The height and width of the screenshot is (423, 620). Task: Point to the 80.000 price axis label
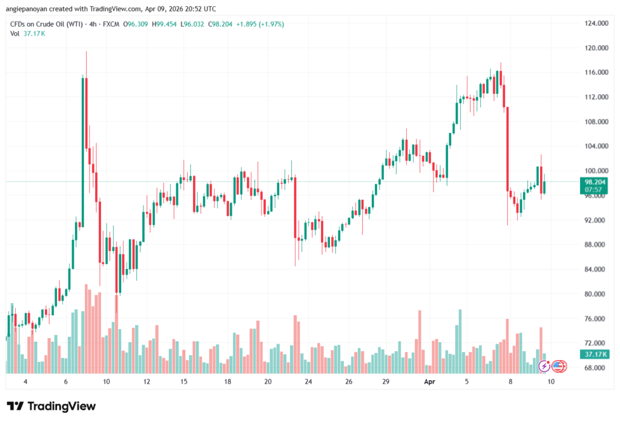596,294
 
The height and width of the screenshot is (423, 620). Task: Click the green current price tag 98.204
594,181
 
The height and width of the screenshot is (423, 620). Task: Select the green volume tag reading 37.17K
593,354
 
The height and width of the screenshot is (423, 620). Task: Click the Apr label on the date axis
429,382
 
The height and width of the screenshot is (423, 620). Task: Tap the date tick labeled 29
386,382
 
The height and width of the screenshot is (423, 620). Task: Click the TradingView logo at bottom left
51,406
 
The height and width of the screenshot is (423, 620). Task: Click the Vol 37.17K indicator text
28,33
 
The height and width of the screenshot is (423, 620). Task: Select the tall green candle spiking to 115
83,152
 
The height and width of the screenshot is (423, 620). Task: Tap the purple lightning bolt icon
544,365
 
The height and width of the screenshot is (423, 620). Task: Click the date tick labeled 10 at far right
551,382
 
